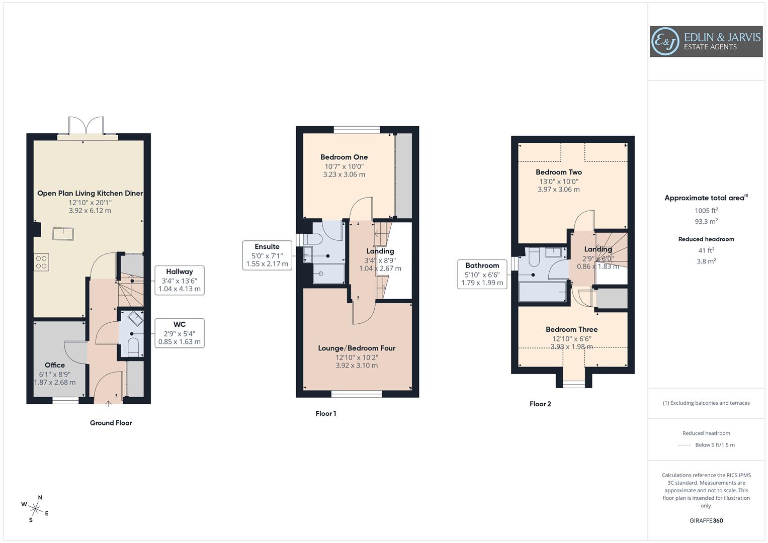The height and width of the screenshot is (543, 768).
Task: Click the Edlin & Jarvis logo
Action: coord(706,42)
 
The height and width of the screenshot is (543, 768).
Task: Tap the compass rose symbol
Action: coord(35,508)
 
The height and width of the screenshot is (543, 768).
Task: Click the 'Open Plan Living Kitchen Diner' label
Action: coord(90,194)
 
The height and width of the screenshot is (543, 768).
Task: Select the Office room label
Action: coord(54,366)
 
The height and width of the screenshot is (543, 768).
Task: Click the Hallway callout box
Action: coord(180,280)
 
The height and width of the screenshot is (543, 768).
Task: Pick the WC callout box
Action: coord(180,333)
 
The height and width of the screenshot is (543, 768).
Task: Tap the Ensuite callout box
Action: coord(267,255)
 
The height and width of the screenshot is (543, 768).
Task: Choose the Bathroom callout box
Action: coord(482,274)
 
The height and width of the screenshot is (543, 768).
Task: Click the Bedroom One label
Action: coord(344,157)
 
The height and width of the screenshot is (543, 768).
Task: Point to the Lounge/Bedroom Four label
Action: coord(357,348)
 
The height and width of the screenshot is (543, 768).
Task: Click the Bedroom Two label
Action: coord(558,172)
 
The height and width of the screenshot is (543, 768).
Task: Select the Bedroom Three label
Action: coord(572,330)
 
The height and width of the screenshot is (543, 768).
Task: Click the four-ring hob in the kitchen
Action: coord(41,262)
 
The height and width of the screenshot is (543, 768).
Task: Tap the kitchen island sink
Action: coord(63,234)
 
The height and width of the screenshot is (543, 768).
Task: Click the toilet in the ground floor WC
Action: coord(133,347)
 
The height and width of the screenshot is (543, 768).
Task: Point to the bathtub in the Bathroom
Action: coord(542,292)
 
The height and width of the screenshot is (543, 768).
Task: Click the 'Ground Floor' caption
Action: coord(111,423)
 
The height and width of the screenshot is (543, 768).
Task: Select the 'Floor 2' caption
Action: coord(540,404)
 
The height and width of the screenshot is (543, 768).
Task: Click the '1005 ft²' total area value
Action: coord(706,211)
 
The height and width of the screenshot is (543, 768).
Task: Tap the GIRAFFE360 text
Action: coord(706,520)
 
